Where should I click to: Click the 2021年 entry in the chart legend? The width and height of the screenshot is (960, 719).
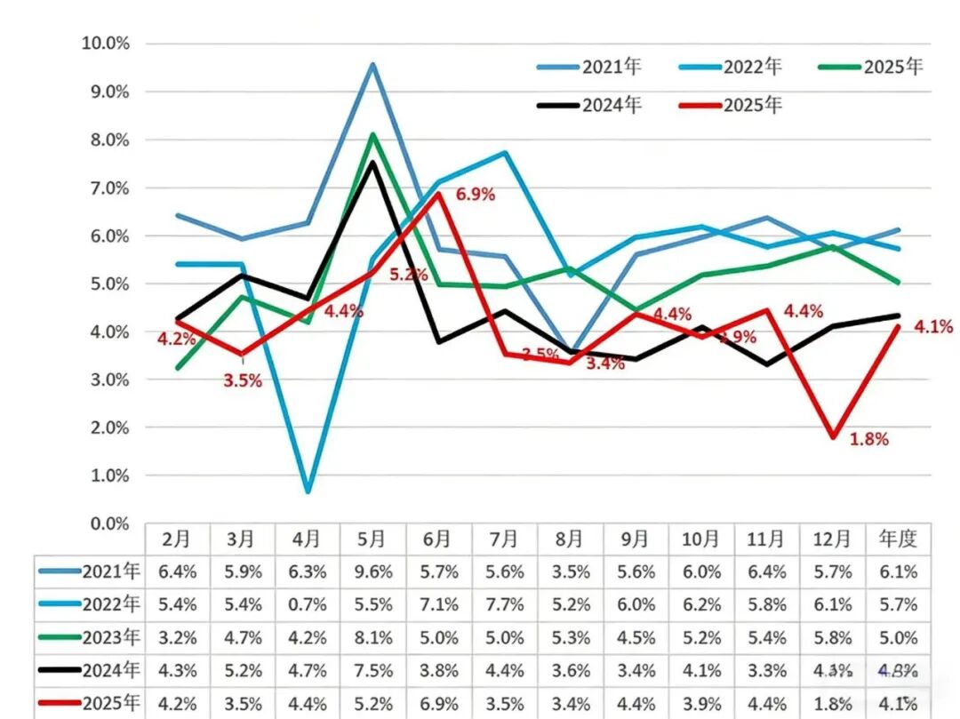point(611,67)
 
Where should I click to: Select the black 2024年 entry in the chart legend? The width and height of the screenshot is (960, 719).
point(611,105)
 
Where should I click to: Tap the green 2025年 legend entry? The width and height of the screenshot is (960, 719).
point(892,67)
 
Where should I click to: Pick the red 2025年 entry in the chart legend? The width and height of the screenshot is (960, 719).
point(752,105)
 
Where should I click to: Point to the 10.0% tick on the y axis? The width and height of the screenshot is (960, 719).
point(105,44)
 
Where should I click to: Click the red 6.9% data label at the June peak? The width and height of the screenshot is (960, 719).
point(475,194)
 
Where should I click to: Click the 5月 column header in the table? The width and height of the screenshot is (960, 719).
point(372,539)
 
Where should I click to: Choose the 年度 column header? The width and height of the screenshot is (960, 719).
point(898,539)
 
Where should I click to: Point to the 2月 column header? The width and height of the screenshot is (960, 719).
point(176,539)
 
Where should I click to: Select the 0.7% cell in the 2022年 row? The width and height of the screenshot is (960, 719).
point(308,605)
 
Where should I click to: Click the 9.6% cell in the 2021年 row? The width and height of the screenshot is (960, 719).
point(372,572)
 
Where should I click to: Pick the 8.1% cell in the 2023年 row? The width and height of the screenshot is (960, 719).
point(372,637)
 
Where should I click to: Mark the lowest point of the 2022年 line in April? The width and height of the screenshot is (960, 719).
point(308,491)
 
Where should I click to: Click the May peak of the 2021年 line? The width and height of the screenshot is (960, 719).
point(372,64)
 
